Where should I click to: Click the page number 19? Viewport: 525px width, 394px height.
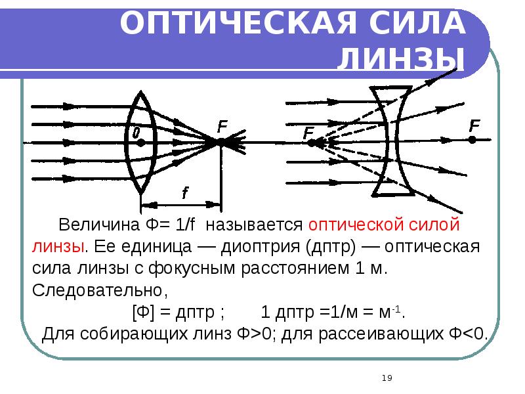387,378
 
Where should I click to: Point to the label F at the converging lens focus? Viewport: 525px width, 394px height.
223,124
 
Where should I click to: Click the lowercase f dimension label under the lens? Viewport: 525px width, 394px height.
185,193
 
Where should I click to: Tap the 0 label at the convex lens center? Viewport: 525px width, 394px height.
136,133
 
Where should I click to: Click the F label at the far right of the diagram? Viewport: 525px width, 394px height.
474,125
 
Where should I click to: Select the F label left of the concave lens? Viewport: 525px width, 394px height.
308,134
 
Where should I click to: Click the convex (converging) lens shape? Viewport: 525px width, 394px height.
142,141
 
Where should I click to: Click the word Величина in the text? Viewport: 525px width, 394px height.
97,225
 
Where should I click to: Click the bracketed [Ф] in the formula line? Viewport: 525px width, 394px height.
143,311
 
